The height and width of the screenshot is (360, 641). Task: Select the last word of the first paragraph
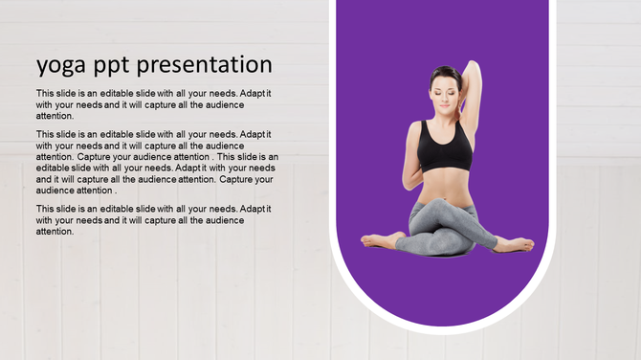[x=55, y=116]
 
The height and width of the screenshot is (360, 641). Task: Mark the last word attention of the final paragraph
[x=55, y=231]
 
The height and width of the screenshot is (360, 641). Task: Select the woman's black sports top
[x=445, y=148]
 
